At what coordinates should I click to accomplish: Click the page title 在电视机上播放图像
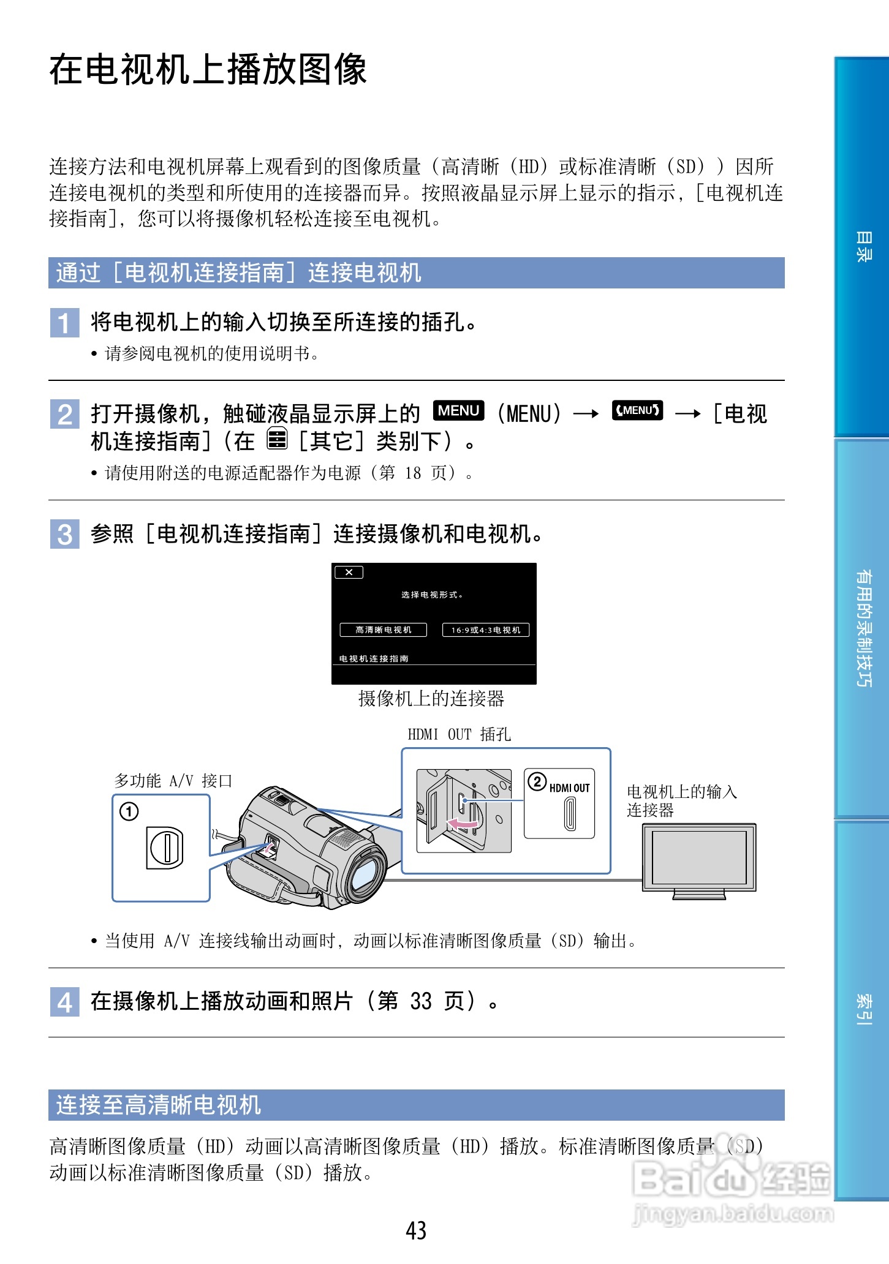208,69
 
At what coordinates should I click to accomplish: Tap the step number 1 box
64,323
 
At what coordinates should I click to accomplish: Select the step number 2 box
64,414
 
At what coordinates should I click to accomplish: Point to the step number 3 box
64,534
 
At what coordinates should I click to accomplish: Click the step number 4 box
64,1003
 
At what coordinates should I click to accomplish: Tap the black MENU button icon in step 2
458,411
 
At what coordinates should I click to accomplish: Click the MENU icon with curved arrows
637,411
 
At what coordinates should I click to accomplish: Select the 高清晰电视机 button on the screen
383,630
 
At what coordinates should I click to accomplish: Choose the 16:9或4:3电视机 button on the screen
485,630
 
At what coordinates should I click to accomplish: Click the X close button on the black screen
349,573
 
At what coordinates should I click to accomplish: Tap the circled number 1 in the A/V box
129,812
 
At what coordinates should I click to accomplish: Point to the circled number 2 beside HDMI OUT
537,781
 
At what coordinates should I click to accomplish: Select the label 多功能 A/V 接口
173,781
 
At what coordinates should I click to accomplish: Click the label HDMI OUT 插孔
459,734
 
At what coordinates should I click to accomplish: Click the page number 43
416,1230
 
